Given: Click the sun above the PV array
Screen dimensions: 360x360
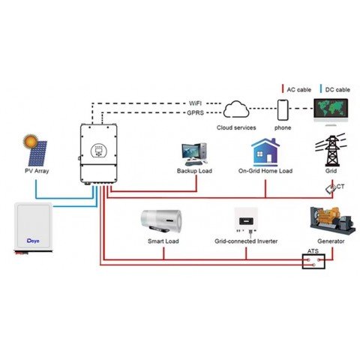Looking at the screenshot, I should [x=30, y=139].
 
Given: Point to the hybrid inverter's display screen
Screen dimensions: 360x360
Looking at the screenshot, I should [x=96, y=149].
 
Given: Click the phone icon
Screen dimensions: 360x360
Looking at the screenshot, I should [x=284, y=110].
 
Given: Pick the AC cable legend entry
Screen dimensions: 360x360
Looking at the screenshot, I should [x=297, y=89].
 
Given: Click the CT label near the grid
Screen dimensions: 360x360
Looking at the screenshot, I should [x=340, y=185].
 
